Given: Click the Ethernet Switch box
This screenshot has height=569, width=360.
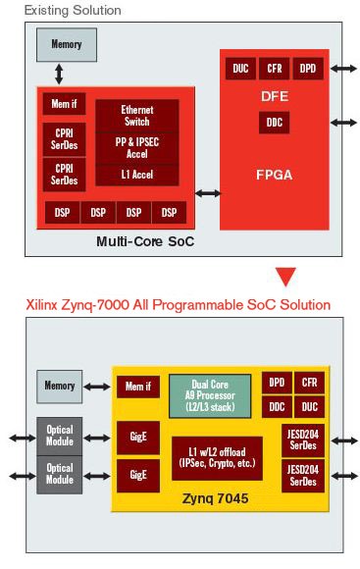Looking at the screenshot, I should click(137, 117).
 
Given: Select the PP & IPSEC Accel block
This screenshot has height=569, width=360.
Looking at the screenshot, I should click(137, 147).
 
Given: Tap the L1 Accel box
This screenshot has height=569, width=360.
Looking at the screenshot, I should click(137, 174).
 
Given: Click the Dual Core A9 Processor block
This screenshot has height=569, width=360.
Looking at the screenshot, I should click(210, 394).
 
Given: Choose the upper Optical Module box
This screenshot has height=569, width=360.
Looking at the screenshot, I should click(60, 435).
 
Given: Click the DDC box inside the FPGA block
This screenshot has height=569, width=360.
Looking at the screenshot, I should click(274, 123).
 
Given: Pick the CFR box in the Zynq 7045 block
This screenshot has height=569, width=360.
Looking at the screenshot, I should click(311, 383).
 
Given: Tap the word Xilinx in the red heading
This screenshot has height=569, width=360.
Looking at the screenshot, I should click(43, 305).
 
